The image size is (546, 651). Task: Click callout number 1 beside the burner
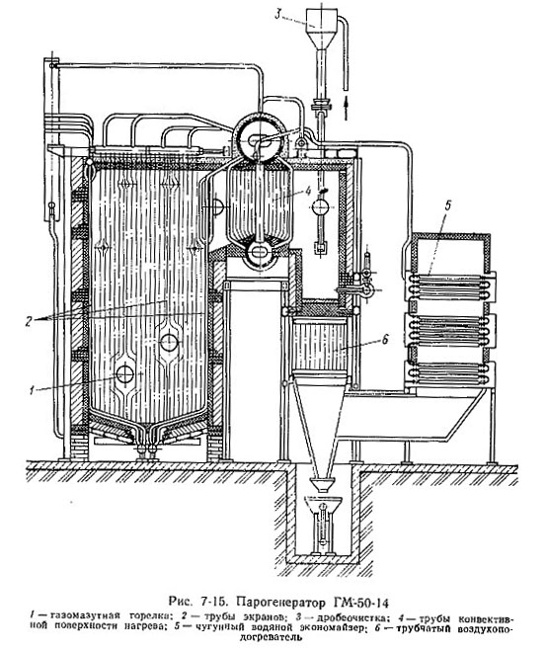pyautogui.click(x=32, y=390)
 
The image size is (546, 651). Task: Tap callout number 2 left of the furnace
pyautogui.click(x=29, y=321)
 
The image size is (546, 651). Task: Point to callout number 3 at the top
pyautogui.click(x=277, y=15)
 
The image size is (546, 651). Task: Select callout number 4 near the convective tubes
pyautogui.click(x=307, y=191)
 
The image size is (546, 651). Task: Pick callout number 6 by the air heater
pyautogui.click(x=385, y=339)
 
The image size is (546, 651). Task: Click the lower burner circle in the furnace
pyautogui.click(x=124, y=374)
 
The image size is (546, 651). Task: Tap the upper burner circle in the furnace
pyautogui.click(x=169, y=343)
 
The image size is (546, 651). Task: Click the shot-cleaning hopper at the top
pyautogui.click(x=321, y=24)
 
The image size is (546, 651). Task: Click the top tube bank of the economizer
pyautogui.click(x=450, y=285)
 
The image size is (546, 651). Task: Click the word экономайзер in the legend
pyautogui.click(x=331, y=627)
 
